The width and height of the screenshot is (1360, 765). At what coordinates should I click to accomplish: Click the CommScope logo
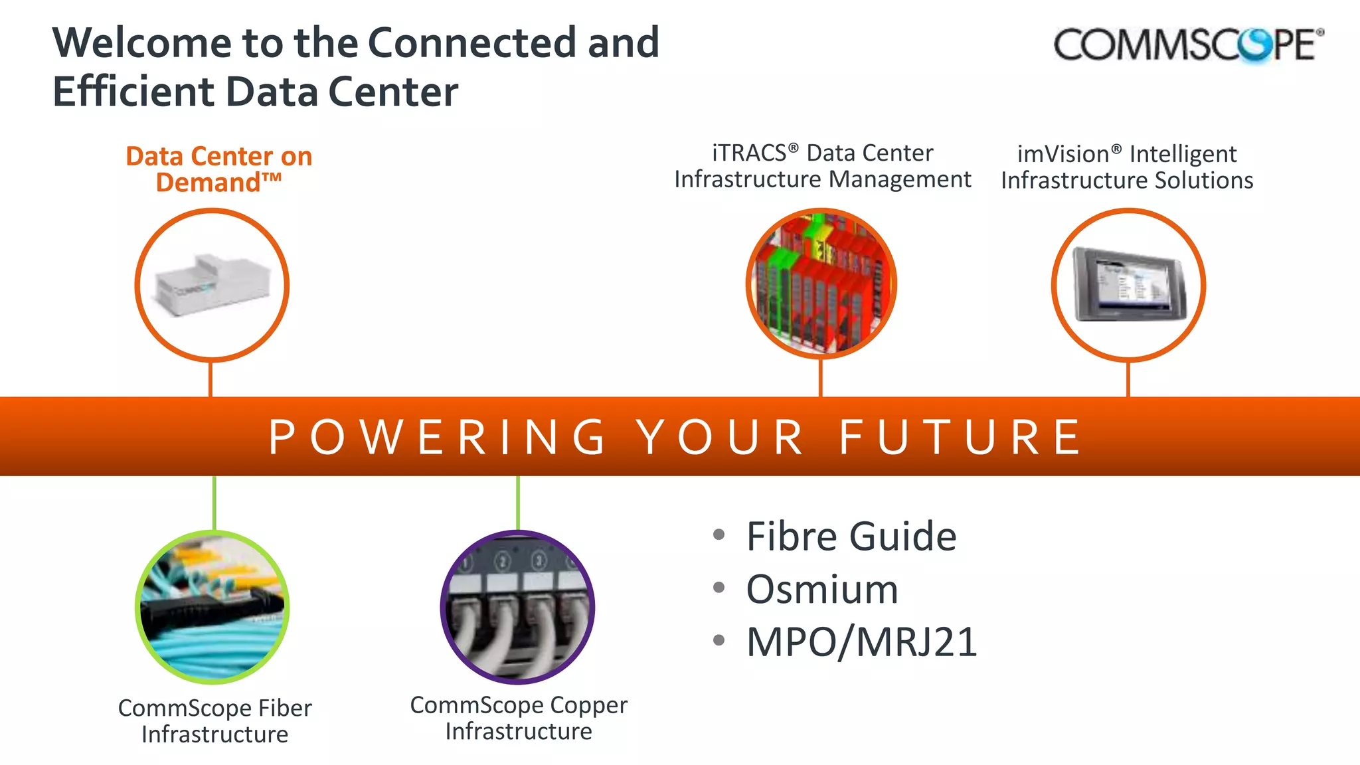[x=1188, y=45]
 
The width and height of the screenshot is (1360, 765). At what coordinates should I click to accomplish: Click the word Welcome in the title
[x=141, y=42]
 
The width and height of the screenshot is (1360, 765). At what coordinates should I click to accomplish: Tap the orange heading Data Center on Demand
[x=219, y=169]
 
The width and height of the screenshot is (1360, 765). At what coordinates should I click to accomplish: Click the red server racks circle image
[x=821, y=284]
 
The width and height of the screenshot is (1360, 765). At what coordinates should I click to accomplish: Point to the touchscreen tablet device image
[x=1128, y=284]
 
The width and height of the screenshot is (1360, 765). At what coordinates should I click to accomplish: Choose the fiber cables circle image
[x=212, y=607]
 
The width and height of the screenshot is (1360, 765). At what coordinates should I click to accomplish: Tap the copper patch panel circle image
[x=517, y=607]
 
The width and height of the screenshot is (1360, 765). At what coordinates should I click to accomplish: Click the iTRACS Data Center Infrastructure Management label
[x=822, y=166]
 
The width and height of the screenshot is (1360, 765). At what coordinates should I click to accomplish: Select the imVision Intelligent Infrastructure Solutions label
[x=1127, y=167]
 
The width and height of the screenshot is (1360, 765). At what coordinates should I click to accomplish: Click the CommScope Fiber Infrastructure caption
[x=214, y=721]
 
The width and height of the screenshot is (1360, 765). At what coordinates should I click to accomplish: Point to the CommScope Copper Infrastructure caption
[x=519, y=718]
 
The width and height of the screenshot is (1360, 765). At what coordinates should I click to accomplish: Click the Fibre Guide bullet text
[x=851, y=536]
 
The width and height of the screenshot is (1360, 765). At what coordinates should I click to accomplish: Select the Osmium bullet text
[x=822, y=589]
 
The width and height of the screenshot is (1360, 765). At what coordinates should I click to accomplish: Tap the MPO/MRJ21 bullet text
[x=861, y=642]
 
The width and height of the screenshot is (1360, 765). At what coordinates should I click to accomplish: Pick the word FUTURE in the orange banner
[x=960, y=438]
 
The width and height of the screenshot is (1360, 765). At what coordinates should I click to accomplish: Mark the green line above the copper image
[x=518, y=503]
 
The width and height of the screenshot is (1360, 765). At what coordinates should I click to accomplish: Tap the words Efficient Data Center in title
[x=256, y=92]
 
